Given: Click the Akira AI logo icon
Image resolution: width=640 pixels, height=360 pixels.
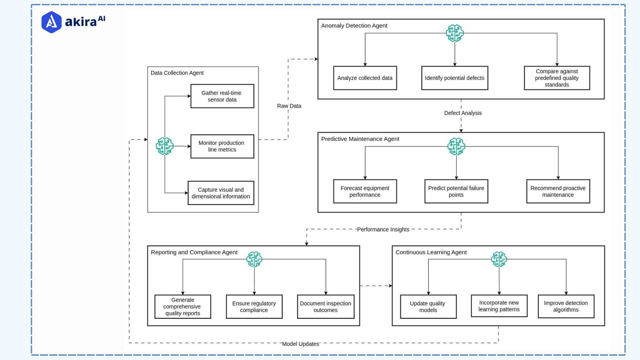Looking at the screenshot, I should pos(51,22).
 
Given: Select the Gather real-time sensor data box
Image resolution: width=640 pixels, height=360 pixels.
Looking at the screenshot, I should pos(222,96).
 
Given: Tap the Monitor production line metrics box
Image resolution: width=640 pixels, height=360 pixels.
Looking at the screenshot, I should pos(222,146).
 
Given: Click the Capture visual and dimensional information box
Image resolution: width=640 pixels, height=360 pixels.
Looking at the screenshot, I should pos(221,193).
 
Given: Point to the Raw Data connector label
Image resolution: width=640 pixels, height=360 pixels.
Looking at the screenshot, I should pos(289,106).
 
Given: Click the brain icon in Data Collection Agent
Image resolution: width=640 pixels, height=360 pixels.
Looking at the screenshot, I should pos(165,146).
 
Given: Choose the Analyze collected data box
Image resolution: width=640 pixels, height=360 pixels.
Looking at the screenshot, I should pos(365,78).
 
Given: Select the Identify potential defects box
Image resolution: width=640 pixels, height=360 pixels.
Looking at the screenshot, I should pos(454,78).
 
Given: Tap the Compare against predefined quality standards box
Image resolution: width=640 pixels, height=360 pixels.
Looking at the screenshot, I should pos(557,78).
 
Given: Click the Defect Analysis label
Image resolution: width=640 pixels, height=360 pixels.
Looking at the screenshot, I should pos(463,113).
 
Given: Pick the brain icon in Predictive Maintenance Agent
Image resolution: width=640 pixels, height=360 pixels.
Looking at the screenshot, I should pos(456,146).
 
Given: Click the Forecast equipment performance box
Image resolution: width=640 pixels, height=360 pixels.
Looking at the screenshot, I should pos(365,191).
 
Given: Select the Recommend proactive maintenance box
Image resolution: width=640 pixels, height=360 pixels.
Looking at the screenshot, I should pos(558,191).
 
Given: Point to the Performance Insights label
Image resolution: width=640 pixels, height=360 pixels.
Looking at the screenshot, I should pos(383,229).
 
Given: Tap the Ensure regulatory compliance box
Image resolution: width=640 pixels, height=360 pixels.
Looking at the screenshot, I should pos(254,307).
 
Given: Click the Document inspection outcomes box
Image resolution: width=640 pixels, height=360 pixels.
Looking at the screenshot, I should pos(325,307).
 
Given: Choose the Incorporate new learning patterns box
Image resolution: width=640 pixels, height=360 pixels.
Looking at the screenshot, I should pos(499,306).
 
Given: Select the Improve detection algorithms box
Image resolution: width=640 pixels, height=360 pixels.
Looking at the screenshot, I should pos(566,306).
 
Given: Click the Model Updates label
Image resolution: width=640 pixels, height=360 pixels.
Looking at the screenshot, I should pos(300,344).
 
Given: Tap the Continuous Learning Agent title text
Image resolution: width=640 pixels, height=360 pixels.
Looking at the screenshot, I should pos(431,252).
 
